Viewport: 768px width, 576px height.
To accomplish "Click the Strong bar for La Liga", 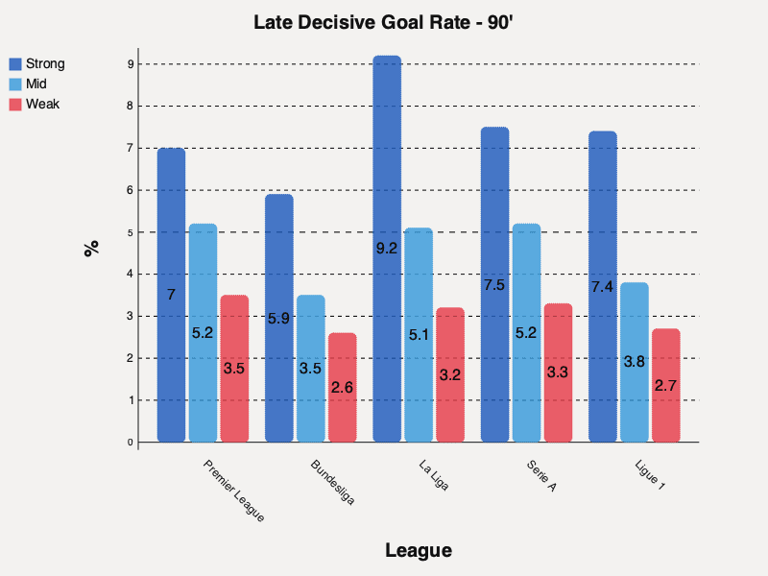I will (x=387, y=250).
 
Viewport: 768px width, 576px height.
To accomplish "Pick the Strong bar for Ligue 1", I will (x=603, y=287).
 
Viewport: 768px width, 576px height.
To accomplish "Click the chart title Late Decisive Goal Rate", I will (x=384, y=22).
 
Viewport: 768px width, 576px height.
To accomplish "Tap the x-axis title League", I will (x=418, y=550).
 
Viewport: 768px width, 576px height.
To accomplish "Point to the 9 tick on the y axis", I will (x=130, y=64).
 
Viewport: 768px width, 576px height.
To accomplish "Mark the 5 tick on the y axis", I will (x=130, y=232).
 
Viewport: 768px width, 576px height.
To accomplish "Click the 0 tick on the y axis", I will (x=130, y=443).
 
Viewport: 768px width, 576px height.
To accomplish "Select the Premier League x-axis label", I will (x=233, y=490).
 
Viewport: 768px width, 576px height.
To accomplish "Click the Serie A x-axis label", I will (x=541, y=477).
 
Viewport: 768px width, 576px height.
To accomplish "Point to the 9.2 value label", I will (x=387, y=249).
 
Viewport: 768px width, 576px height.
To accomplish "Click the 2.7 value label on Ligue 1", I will (x=666, y=385).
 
